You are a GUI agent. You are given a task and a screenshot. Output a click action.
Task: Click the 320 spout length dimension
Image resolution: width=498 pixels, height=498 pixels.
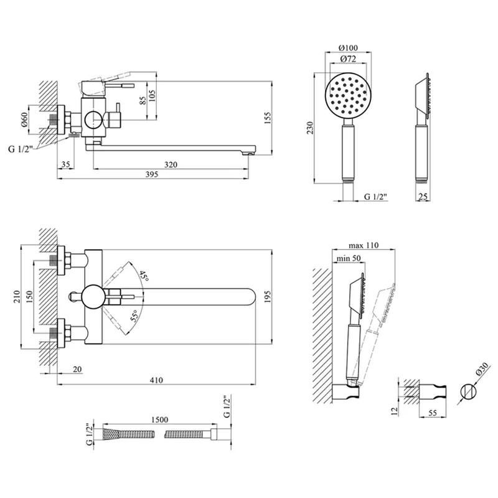tap(171, 164)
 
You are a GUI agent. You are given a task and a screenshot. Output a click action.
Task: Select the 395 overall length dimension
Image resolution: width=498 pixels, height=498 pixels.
tap(151, 174)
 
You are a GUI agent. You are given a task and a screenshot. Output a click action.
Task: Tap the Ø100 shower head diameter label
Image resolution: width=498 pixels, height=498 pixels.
tap(348, 48)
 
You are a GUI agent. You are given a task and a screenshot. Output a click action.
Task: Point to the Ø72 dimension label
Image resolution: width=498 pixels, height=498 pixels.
tap(348, 59)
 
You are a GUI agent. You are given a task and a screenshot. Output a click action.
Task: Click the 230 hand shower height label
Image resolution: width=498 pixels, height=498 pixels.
tap(310, 128)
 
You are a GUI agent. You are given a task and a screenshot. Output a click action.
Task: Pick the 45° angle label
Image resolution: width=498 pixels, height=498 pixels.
tap(144, 276)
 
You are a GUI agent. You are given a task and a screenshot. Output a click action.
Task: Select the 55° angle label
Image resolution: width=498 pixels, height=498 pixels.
tap(135, 316)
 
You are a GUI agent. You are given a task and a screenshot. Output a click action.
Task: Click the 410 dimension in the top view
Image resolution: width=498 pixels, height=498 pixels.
tap(156, 380)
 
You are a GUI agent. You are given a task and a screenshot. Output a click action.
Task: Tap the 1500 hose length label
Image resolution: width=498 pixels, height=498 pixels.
tap(159, 420)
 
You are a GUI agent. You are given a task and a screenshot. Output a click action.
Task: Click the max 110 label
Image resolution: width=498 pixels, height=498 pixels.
tap(364, 245)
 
